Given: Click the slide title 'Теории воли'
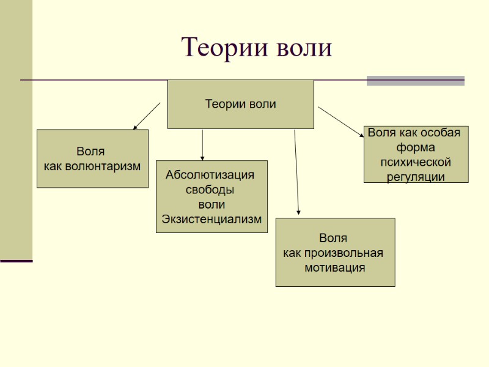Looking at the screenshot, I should click(x=257, y=48).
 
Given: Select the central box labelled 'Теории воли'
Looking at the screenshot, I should click(x=240, y=104).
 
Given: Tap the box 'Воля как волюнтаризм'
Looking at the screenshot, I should click(x=92, y=158).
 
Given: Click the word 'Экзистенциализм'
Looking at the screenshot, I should click(x=211, y=219).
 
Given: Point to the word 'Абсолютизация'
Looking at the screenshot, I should click(x=210, y=176).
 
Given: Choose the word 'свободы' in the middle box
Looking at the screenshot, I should click(x=210, y=190).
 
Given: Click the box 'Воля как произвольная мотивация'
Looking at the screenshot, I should click(x=335, y=252).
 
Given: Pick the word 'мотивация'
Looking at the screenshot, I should click(x=335, y=267).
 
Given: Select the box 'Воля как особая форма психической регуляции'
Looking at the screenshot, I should click(x=416, y=154).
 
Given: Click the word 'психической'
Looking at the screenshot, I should click(x=416, y=163).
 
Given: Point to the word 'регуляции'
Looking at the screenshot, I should click(x=416, y=177).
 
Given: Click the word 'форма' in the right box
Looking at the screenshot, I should click(x=416, y=148).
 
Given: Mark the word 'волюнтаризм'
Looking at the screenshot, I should click(x=107, y=166).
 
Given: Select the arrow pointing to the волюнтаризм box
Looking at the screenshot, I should click(x=146, y=116).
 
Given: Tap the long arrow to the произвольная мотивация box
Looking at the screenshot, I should click(x=296, y=171).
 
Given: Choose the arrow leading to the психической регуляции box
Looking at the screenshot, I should click(x=340, y=121).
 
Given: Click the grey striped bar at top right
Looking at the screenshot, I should click(x=415, y=80).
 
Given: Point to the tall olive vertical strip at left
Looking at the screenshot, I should click(x=16, y=128).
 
